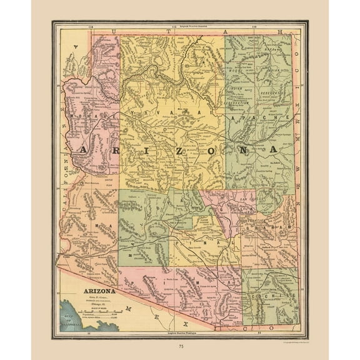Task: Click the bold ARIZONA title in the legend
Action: coord(95,291)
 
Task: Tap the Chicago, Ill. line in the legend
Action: coord(95,306)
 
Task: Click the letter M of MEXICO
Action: coord(128,309)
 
